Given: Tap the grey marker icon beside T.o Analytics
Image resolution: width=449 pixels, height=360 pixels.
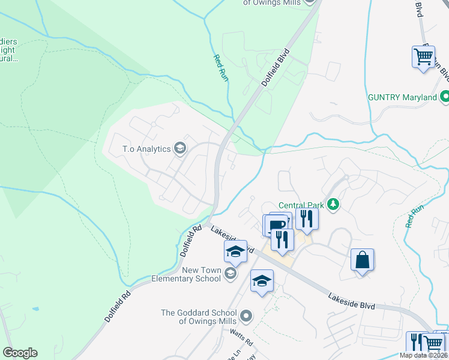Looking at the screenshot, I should click(x=179, y=148).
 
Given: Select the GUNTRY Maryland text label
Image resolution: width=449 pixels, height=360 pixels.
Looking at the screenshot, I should click(x=402, y=97).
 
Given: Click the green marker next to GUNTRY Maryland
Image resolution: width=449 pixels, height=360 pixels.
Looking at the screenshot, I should click(x=445, y=96).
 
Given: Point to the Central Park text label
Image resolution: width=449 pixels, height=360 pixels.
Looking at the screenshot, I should click(x=301, y=205).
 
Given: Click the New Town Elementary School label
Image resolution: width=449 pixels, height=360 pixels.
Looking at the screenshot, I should click(x=185, y=275).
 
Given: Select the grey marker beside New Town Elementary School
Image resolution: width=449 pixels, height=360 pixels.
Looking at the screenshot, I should click(x=230, y=274).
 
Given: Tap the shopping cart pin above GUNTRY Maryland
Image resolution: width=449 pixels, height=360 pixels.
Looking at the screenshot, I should click(x=423, y=57).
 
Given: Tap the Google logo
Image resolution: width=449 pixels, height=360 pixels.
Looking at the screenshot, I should click(x=20, y=353).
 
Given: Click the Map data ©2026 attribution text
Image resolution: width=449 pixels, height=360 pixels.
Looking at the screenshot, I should click(x=424, y=355).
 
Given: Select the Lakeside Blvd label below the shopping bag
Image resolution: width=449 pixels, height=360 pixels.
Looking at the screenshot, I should click(x=351, y=301).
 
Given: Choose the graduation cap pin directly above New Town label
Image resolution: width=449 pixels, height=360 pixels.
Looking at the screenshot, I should click(x=235, y=252).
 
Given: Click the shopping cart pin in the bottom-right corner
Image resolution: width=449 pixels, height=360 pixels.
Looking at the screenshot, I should click(x=433, y=343).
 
